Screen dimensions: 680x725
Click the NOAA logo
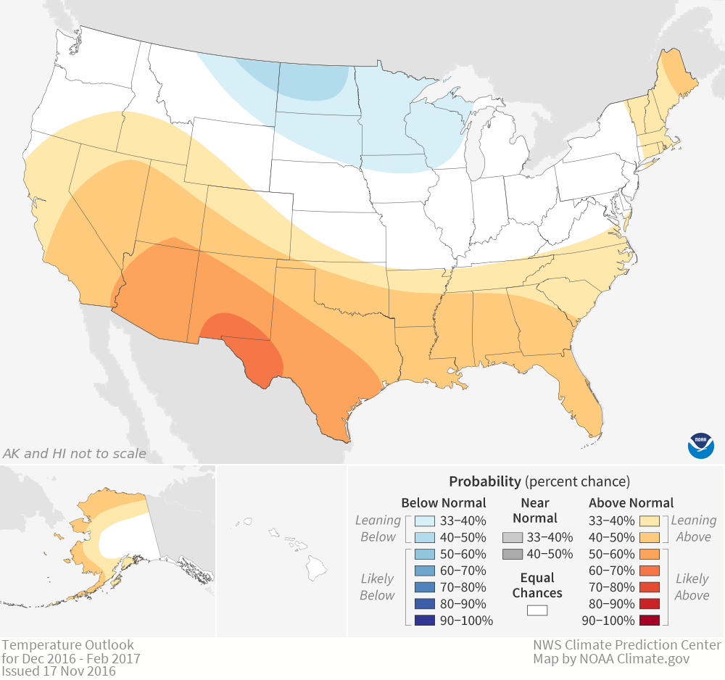point(701,444)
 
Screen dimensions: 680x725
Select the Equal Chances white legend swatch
point(536,610)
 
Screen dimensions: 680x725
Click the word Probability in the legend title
point(484,481)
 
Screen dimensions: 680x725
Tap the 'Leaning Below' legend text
point(378,528)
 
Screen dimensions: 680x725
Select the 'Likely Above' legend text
point(692,586)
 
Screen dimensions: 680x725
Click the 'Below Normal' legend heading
point(444,502)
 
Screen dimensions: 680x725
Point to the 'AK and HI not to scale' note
point(75,454)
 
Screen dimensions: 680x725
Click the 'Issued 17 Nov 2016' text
point(59,672)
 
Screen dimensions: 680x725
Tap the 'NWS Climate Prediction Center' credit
point(627,644)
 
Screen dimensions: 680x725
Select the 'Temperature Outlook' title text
point(67,644)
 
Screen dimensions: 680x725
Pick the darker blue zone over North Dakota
point(312,80)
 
